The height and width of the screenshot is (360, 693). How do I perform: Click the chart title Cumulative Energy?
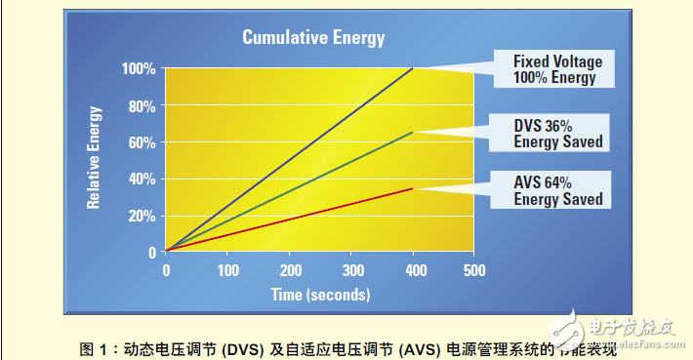click(313, 38)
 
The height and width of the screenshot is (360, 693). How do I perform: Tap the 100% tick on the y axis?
click(138, 69)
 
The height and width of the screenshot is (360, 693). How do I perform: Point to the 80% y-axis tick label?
click(142, 105)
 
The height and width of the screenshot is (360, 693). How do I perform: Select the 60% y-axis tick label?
click(142, 142)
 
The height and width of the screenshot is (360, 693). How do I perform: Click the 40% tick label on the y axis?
click(142, 179)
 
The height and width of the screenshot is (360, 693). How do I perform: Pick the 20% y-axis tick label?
click(142, 216)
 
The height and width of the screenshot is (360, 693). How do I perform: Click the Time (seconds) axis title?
click(319, 293)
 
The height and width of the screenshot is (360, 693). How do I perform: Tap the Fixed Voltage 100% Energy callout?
click(557, 69)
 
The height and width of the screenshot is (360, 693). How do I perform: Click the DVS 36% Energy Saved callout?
click(557, 134)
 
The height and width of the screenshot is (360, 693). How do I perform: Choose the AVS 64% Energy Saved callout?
click(557, 191)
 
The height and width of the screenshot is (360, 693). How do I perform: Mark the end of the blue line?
click(413, 69)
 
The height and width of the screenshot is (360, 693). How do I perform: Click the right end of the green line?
click(413, 132)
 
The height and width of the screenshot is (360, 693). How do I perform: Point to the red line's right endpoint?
click(413, 188)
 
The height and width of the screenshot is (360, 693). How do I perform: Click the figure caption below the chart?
click(346, 347)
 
